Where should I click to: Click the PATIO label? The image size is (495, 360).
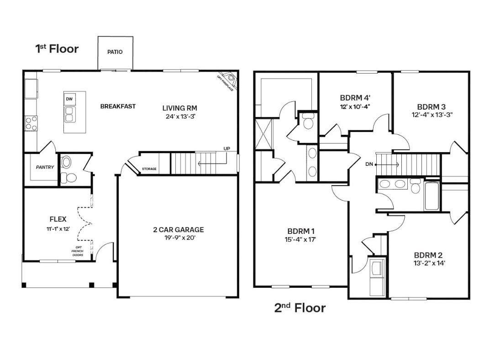pos(115,52)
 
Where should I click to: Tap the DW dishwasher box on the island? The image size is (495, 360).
pos(69,99)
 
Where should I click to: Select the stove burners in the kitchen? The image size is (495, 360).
pos(31,123)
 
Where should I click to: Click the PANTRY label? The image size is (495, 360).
pos(45,167)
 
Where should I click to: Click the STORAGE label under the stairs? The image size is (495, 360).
pos(149,169)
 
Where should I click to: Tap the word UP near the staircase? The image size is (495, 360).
pos(226,148)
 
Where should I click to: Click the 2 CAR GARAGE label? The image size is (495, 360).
pos(179,230)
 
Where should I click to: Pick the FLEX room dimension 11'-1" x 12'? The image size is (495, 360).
pos(58,228)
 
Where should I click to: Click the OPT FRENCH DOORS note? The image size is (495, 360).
pos(78,251)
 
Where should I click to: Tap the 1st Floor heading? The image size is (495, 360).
pos(57,48)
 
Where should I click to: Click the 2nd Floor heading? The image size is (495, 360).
pos(300,307)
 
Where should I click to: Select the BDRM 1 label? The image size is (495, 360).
pos(301,232)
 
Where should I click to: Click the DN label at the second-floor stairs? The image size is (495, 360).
pos(369,164)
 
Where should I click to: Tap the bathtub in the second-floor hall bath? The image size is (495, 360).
pos(432,196)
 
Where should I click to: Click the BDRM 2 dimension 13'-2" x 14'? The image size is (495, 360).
pos(429,263)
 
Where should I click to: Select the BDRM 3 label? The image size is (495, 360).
pos(431,107)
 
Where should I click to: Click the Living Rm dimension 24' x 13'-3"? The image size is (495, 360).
pos(181,116)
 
